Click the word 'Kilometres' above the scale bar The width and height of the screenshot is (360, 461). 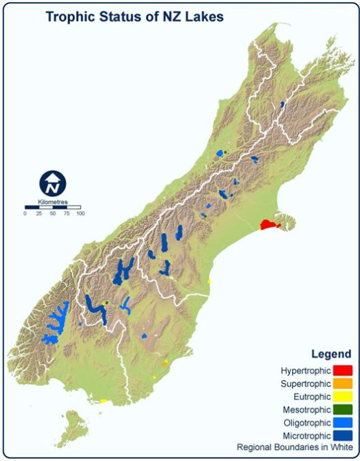point(52,202)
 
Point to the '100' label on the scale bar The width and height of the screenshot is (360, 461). point(80,214)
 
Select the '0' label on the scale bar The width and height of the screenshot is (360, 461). point(25,214)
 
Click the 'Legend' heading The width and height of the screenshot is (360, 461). point(331,354)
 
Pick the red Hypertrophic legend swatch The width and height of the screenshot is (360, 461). point(342,371)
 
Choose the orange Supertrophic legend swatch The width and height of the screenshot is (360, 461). point(342,384)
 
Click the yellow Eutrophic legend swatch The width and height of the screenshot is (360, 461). point(342,397)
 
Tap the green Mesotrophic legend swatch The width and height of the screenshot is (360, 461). point(342,409)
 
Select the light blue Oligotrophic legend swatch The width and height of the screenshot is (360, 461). point(342,422)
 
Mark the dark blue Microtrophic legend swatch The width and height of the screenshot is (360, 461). point(342,435)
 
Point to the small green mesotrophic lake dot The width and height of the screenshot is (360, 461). point(107,303)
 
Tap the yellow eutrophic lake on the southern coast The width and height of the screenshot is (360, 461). point(103,401)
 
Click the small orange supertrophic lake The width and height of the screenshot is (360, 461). point(165,363)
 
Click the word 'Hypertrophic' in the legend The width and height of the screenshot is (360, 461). point(305,371)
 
